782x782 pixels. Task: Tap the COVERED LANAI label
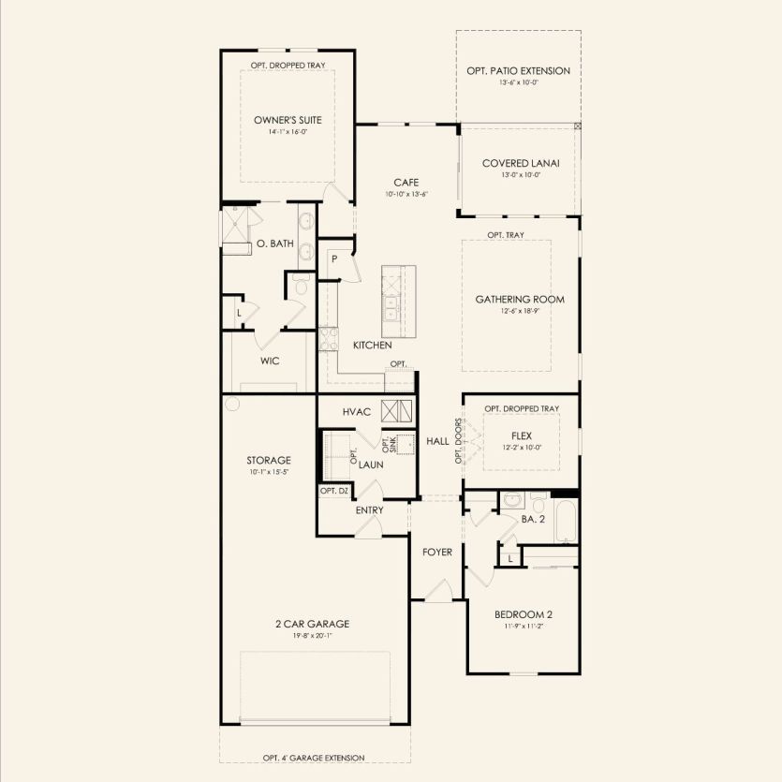pyautogui.click(x=521, y=163)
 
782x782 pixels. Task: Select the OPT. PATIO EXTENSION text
pyautogui.click(x=518, y=70)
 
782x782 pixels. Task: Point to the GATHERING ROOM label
pyautogui.click(x=520, y=300)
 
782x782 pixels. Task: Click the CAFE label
pyautogui.click(x=406, y=183)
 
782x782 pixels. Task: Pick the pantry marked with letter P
pyautogui.click(x=332, y=258)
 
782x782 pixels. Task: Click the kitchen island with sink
pyautogui.click(x=397, y=301)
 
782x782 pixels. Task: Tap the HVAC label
pyautogui.click(x=358, y=412)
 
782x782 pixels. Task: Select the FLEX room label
pyautogui.click(x=522, y=435)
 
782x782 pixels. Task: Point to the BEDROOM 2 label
pyautogui.click(x=523, y=614)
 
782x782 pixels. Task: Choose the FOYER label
pyautogui.click(x=436, y=553)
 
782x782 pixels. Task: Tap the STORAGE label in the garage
pyautogui.click(x=269, y=460)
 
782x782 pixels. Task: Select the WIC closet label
pyautogui.click(x=271, y=361)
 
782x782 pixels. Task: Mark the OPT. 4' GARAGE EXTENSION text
pyautogui.click(x=314, y=758)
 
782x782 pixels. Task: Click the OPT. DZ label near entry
pyautogui.click(x=334, y=491)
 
